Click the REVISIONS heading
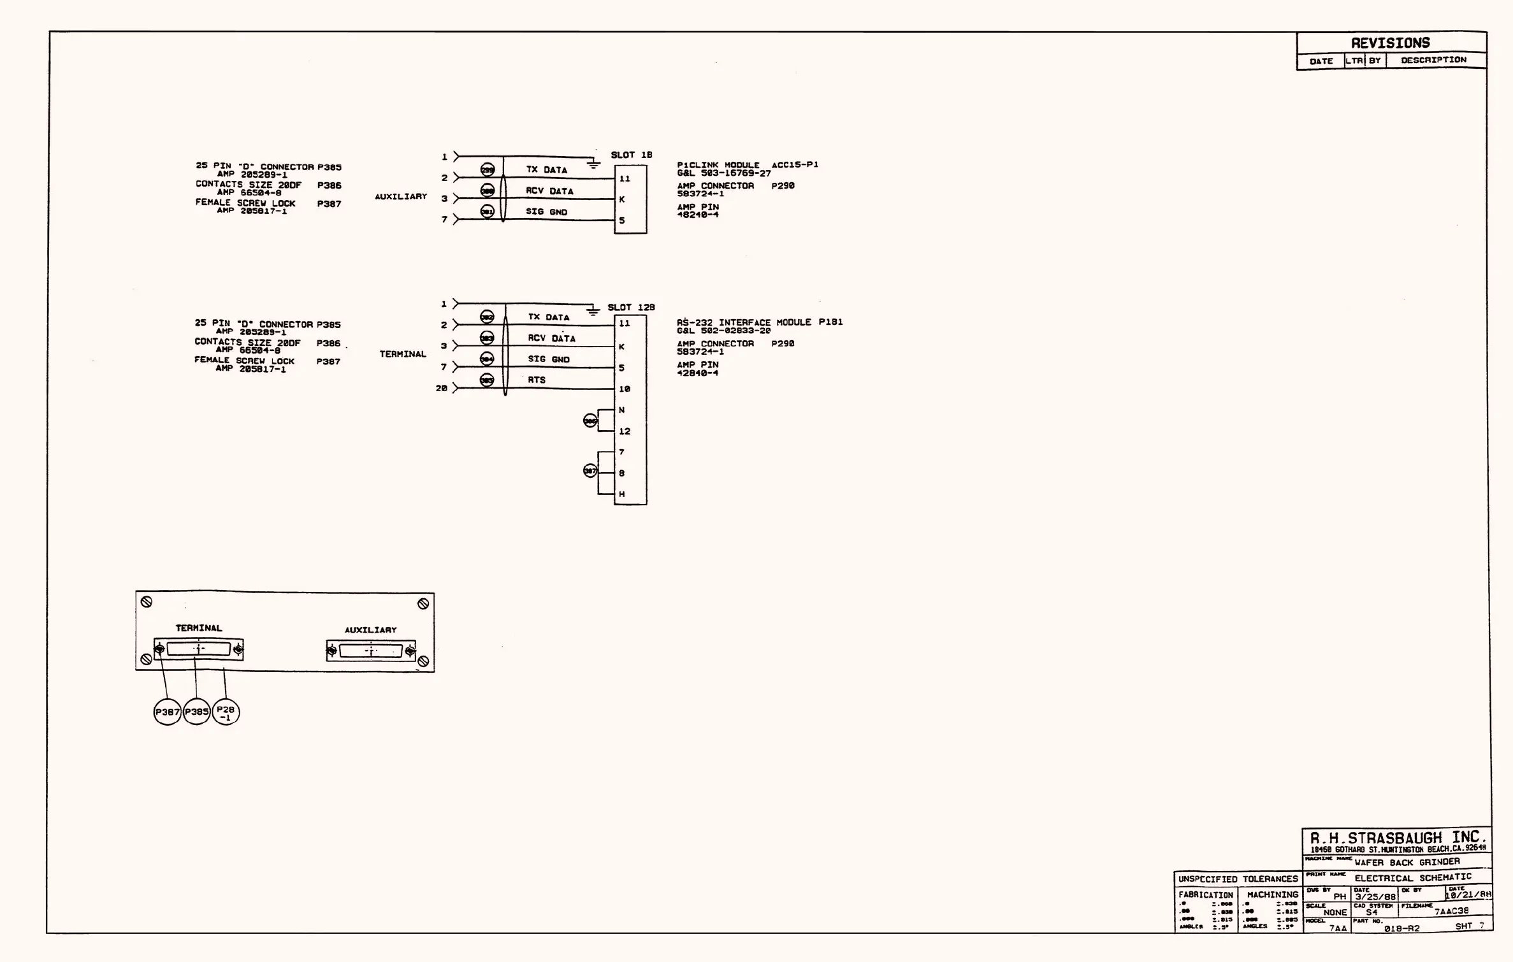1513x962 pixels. tap(1390, 43)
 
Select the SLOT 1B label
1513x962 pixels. tap(631, 155)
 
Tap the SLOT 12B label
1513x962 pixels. tap(631, 307)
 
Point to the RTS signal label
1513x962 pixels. tap(537, 380)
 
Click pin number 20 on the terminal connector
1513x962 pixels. tap(442, 388)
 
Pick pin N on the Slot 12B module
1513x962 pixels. tap(621, 410)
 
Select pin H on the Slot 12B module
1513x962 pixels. tap(621, 494)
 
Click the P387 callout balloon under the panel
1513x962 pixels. tap(168, 712)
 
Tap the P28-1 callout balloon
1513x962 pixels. tap(226, 712)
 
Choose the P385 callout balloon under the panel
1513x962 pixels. tap(196, 712)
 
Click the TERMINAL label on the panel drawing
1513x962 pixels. tap(199, 628)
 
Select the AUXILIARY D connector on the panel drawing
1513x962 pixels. tap(371, 651)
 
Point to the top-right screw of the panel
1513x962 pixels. tap(423, 604)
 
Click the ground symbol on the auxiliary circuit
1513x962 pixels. tap(593, 165)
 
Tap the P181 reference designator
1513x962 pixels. tap(830, 322)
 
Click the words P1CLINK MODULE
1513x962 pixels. tap(718, 165)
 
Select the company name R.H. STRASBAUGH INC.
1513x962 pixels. tap(1398, 838)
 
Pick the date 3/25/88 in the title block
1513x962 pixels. tap(1375, 896)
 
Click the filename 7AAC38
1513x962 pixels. tap(1451, 911)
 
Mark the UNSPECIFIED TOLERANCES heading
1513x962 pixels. tap(1238, 879)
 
